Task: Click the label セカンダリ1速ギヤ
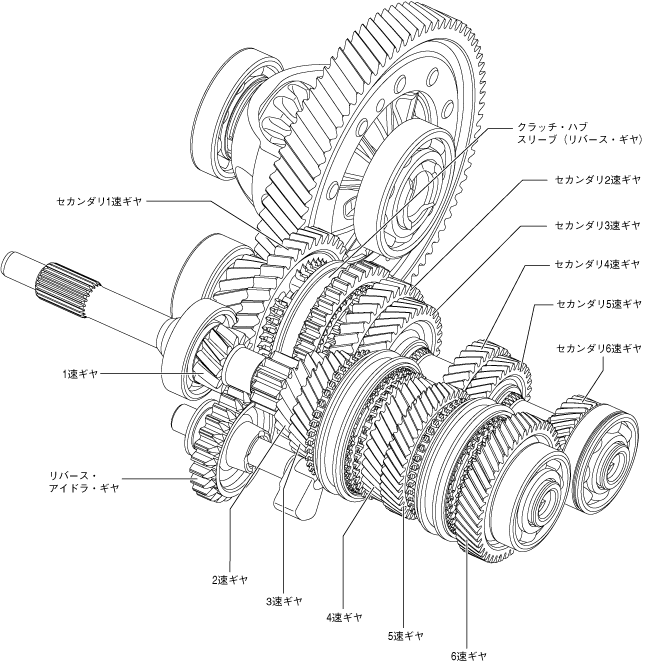click(100, 201)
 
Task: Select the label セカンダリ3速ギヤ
click(597, 225)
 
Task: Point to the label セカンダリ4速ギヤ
click(597, 265)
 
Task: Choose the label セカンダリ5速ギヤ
click(597, 301)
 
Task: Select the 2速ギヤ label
click(230, 579)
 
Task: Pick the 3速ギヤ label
click(284, 601)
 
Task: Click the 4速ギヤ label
click(343, 617)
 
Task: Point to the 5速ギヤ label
click(405, 635)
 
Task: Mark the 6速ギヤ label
click(468, 655)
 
